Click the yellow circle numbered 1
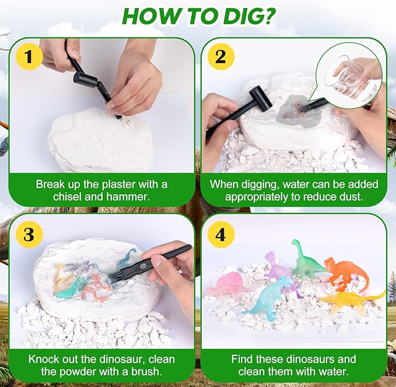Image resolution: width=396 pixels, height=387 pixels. point(29,57)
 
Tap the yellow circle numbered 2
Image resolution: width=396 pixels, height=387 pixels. point(220,57)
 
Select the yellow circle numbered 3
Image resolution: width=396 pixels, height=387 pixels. point(29,234)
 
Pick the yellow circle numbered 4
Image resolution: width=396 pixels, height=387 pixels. point(220,234)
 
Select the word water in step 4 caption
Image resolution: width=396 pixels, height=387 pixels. point(333,371)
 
